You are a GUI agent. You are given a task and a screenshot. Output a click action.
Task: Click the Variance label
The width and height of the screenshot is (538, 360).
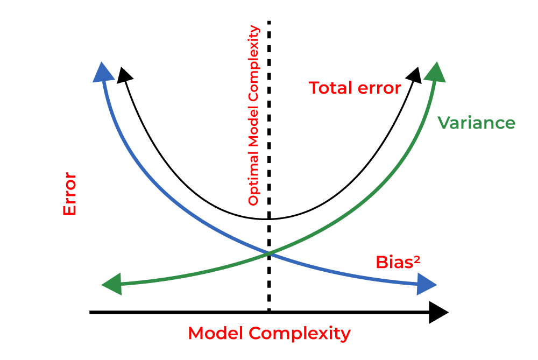point(476,123)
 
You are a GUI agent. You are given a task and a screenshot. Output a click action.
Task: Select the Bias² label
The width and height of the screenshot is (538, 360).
point(398,262)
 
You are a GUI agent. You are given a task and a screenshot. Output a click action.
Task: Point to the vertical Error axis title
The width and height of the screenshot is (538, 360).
point(70,194)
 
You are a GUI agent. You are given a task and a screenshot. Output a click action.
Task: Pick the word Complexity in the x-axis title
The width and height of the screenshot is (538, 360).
point(300,334)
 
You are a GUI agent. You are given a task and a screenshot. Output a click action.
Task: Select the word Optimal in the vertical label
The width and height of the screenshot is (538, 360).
point(253,186)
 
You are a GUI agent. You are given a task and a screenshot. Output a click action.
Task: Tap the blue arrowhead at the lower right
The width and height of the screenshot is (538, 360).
point(427,284)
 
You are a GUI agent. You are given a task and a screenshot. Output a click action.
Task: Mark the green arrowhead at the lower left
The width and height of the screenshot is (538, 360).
point(112,284)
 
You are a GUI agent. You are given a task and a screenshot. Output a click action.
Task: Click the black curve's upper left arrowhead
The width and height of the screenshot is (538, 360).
point(124,75)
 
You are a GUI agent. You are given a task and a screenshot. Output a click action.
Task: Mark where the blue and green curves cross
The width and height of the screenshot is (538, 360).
point(268,253)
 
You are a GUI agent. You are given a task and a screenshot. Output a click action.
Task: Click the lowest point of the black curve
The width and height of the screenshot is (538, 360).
point(268,219)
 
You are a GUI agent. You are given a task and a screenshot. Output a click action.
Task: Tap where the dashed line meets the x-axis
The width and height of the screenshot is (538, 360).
point(268,312)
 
